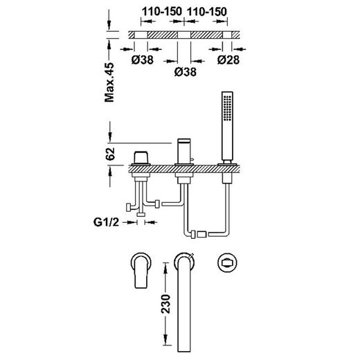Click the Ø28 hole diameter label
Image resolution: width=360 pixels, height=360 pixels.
(228, 60)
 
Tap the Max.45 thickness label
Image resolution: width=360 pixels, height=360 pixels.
(109, 82)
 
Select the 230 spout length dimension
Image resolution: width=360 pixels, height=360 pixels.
(165, 304)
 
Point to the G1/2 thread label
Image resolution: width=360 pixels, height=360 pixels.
(106, 222)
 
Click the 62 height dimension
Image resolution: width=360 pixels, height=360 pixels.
(110, 154)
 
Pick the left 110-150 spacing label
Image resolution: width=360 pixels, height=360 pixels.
(162, 12)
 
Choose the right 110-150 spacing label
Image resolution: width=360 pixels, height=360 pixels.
(206, 12)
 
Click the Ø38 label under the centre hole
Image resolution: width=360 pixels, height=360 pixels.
(186, 72)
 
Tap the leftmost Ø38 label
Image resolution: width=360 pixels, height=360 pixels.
(143, 60)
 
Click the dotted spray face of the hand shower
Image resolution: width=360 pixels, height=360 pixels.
(227, 108)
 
